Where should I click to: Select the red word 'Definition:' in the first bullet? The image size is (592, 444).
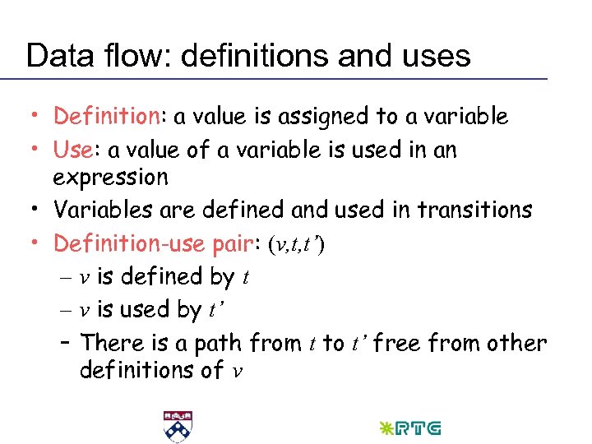108,117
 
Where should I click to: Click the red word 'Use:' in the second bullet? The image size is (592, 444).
77,150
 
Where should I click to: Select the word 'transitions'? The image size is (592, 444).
474,210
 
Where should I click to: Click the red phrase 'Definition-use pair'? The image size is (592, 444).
155,243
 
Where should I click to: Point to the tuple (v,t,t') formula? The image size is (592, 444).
297,244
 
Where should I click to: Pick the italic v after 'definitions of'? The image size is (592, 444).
238,371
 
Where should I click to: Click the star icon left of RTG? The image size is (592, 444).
384,428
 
